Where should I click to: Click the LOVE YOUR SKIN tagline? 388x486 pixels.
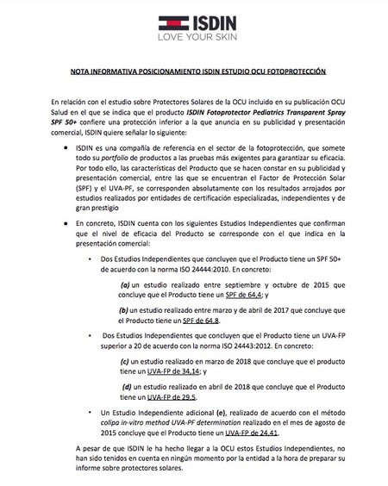[193, 38]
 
